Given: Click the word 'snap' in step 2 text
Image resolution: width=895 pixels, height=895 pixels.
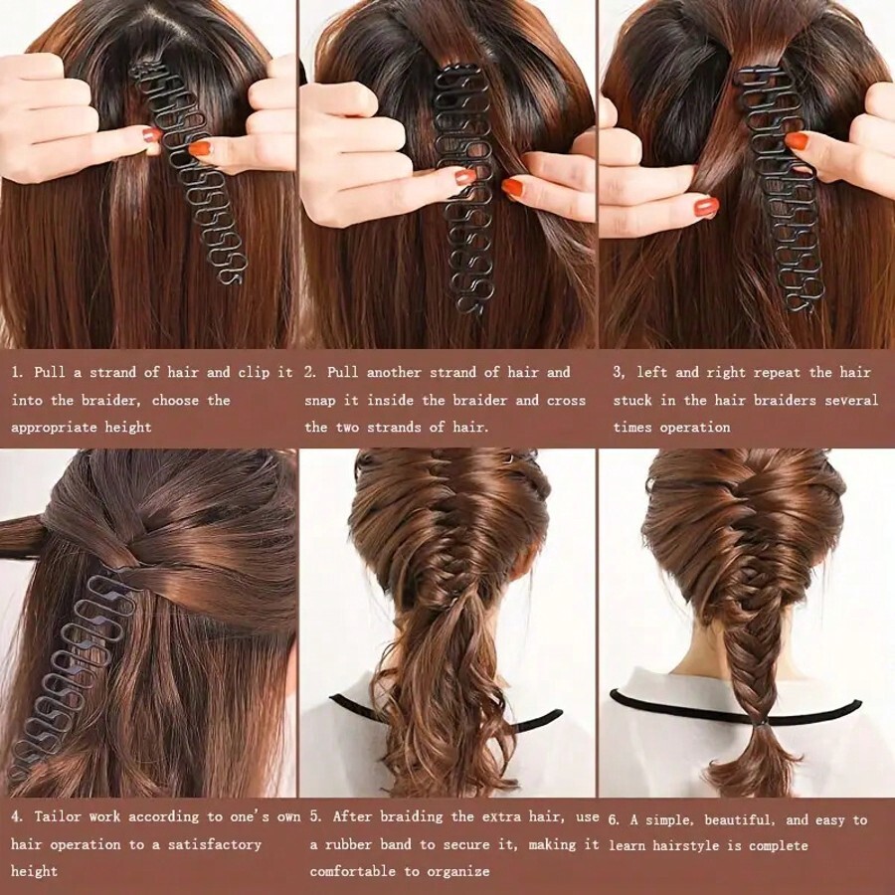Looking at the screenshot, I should [322, 401].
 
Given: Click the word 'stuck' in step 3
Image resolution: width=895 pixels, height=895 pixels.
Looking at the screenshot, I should [633, 401].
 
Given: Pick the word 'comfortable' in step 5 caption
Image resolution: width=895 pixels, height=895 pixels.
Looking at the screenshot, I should [353, 871].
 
